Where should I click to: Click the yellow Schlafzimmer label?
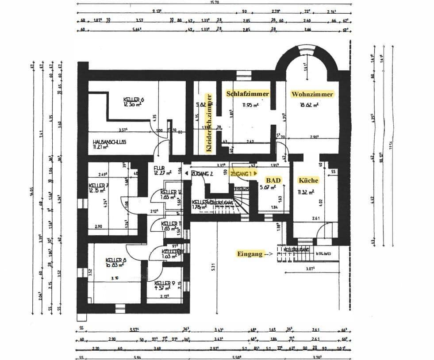coord(247,94)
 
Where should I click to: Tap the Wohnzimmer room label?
coord(312,94)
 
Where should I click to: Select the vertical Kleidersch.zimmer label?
coord(210,123)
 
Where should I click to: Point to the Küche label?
coord(308,180)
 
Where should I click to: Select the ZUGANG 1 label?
coord(243,174)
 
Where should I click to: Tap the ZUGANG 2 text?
coord(203,174)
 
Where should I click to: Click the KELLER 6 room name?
coord(134,100)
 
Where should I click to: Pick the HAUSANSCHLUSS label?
coord(110,142)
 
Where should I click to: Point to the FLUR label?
coord(159,169)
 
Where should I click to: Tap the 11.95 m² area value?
coord(250,105)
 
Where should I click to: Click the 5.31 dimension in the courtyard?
coord(214,267)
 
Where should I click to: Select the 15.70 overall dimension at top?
coord(215,2)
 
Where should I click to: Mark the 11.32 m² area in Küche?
coord(306,192)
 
